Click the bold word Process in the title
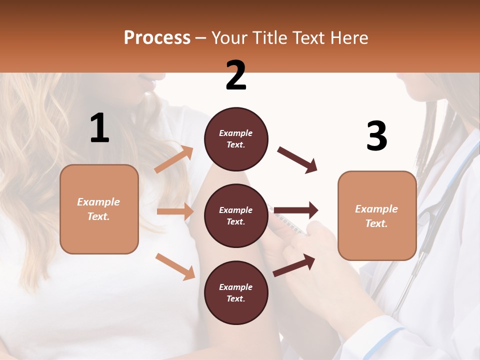(x=157, y=37)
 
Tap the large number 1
(x=99, y=128)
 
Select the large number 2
(x=236, y=75)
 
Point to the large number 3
(x=376, y=136)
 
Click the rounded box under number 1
(x=99, y=209)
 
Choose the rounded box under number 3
(x=377, y=216)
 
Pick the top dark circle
(x=236, y=139)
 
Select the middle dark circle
(x=236, y=216)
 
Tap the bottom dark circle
(x=236, y=293)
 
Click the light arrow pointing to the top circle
(x=174, y=159)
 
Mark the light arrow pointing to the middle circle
(x=175, y=211)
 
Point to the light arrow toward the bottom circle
(x=175, y=266)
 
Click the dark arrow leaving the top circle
(x=297, y=159)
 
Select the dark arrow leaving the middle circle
(x=296, y=210)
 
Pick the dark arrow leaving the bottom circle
(x=294, y=265)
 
